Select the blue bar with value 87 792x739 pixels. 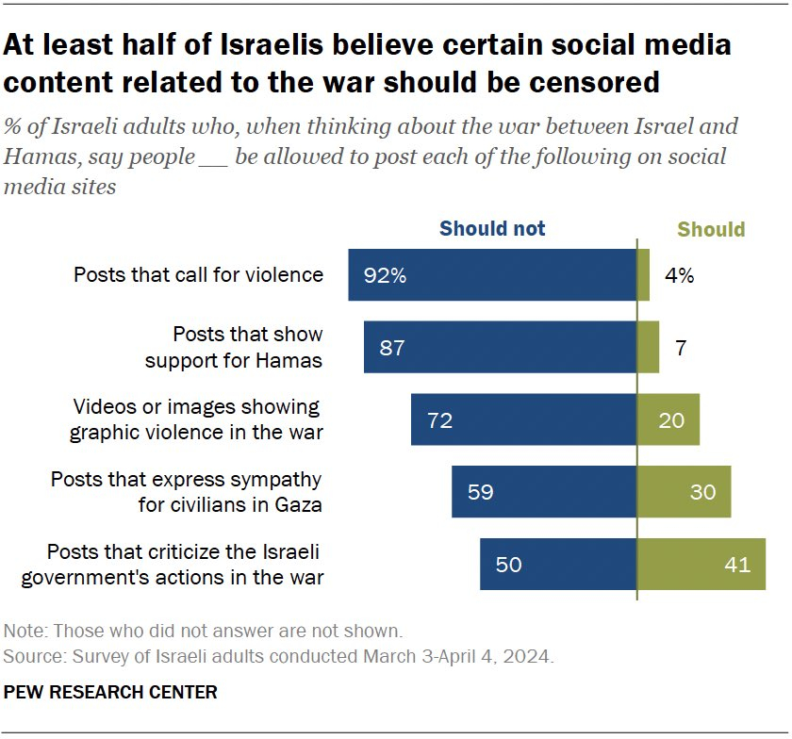500,347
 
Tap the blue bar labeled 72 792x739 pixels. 523,419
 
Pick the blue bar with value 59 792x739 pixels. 544,491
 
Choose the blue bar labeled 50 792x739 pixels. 558,564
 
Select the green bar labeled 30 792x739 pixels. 684,491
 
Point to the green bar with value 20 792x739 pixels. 668,419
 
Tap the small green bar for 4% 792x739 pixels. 643,275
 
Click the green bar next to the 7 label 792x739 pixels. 648,347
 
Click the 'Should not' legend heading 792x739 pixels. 492,228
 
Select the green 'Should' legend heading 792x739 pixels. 711,229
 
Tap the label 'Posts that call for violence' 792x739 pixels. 198,275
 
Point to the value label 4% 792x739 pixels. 679,276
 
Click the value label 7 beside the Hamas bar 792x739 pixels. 681,348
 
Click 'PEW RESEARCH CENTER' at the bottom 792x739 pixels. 110,693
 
